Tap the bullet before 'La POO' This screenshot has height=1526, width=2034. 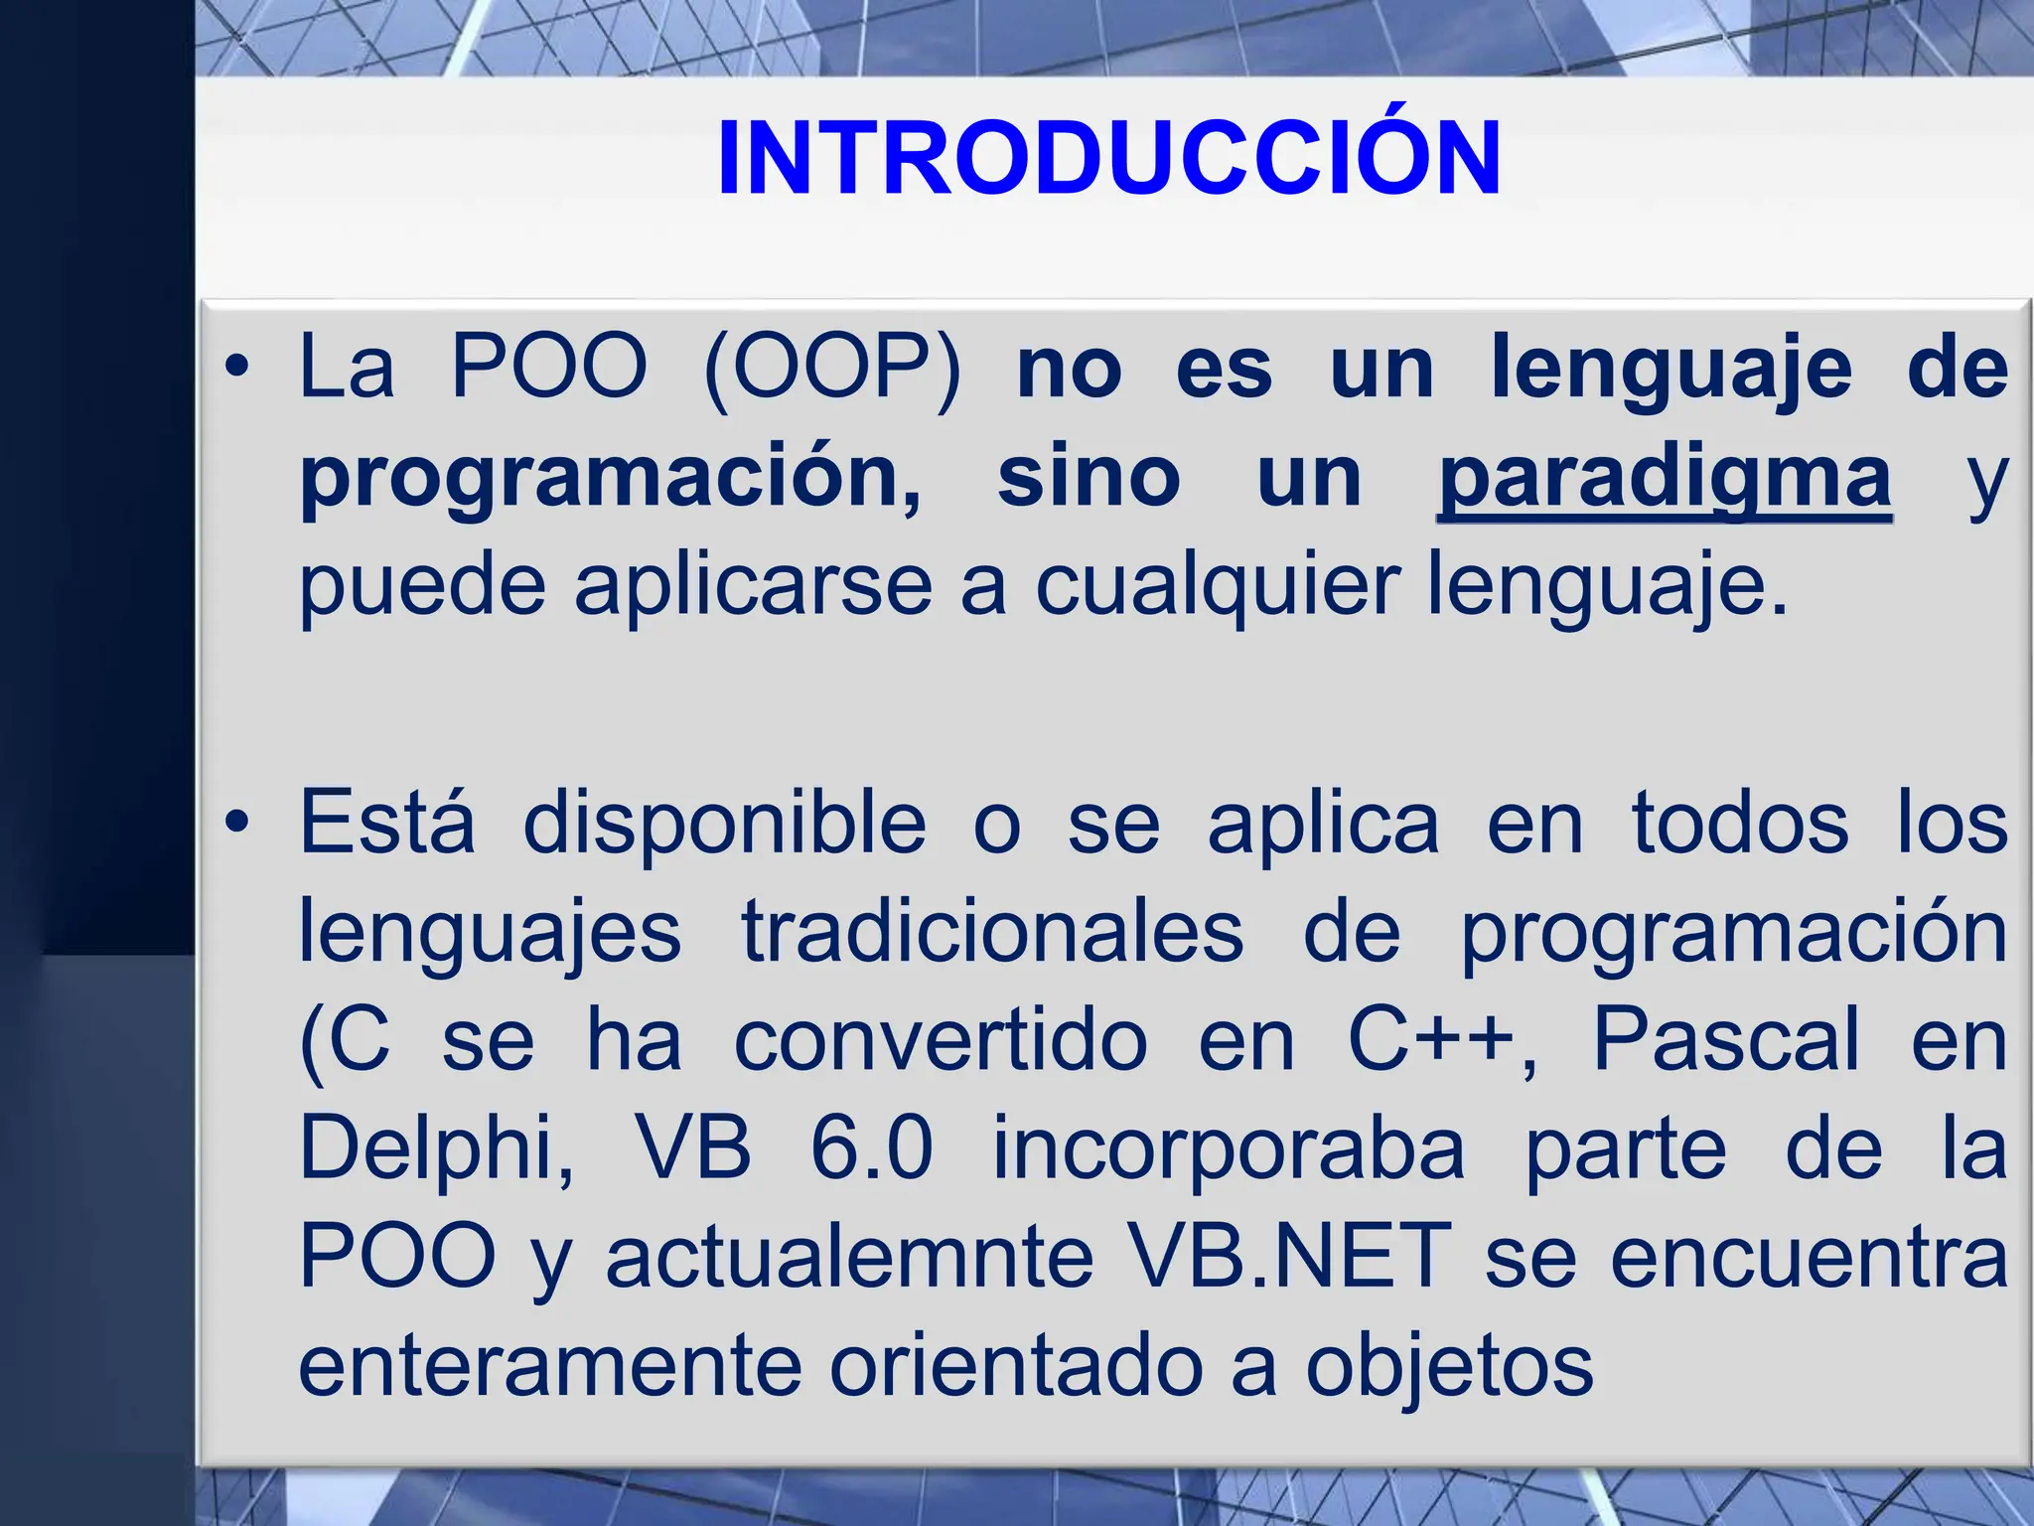click(x=236, y=368)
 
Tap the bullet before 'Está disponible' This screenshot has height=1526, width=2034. click(x=236, y=823)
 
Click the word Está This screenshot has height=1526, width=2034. click(x=387, y=823)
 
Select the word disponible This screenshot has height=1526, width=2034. click(x=724, y=823)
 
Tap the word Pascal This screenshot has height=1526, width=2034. click(x=1726, y=1039)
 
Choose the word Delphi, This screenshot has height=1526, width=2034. click(x=437, y=1148)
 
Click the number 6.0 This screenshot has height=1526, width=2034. click(x=871, y=1148)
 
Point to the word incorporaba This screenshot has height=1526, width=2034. click(x=1229, y=1148)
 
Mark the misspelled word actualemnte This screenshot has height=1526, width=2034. click(x=849, y=1257)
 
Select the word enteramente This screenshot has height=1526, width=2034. click(x=549, y=1366)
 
